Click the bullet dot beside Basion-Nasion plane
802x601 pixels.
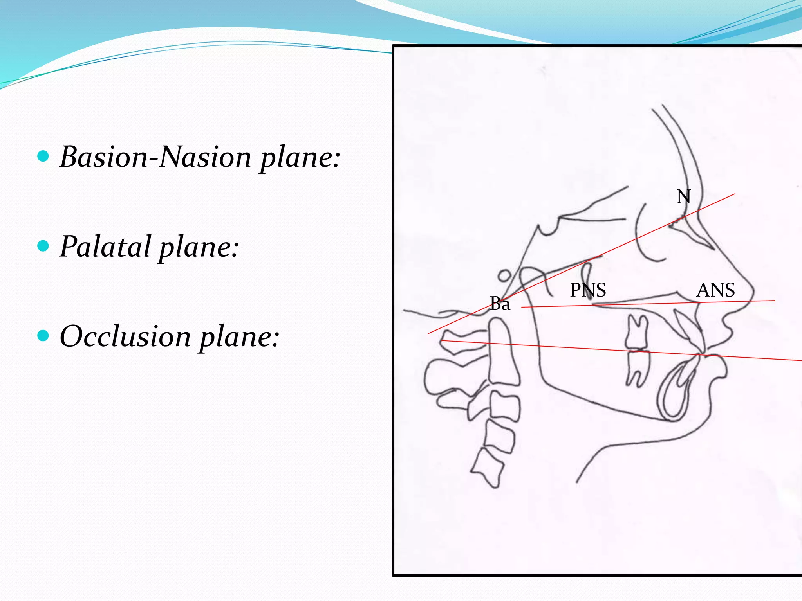coord(43,157)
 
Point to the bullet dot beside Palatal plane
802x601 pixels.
coord(43,246)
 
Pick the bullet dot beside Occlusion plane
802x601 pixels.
coord(43,336)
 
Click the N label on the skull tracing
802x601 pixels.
coord(683,197)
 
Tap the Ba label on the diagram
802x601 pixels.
coord(500,304)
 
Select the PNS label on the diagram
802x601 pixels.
coord(587,290)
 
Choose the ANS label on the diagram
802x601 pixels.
coord(715,290)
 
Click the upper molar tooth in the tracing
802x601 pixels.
coord(637,333)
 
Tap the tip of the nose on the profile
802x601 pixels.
coord(752,292)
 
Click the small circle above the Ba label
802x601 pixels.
coord(504,276)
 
